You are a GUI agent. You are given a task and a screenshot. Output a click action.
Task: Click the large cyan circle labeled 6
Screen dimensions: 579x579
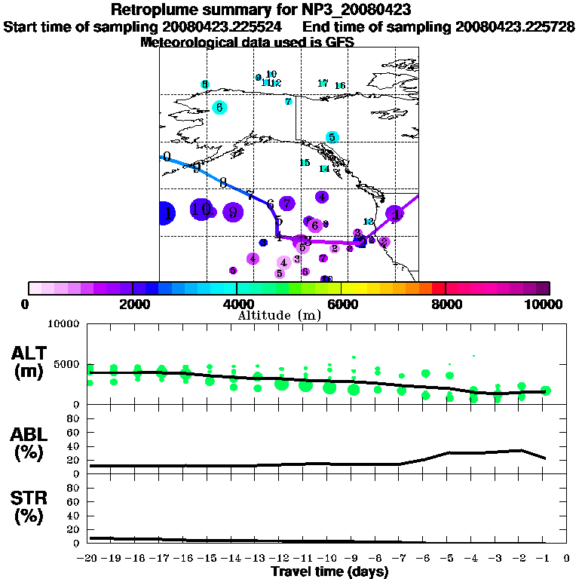coord(219,107)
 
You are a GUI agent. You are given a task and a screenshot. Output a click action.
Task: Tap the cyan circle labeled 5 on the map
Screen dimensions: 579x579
coord(332,137)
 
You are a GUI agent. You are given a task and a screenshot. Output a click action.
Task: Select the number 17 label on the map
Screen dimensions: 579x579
coord(323,83)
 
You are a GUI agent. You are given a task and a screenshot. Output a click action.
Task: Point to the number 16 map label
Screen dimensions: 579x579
coord(340,86)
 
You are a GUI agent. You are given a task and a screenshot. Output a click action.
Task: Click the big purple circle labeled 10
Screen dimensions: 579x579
coord(201,210)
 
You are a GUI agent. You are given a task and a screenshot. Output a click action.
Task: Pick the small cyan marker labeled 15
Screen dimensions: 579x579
coord(305,163)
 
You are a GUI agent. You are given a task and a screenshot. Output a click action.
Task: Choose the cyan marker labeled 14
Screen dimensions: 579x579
coord(324,169)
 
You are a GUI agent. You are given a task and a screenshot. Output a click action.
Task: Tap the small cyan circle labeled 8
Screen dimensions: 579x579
coord(204,84)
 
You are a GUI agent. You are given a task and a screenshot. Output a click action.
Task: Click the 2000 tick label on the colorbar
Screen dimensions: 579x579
coord(131,305)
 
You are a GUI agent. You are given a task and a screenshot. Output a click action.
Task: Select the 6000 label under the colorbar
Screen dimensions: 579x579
coord(341,305)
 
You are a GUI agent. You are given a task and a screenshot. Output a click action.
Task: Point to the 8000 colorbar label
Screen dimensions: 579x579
coord(446,305)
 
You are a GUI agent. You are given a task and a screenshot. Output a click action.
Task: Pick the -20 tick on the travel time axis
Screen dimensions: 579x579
coord(88,559)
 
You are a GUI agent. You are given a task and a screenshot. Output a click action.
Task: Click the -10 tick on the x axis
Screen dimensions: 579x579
coord(327,559)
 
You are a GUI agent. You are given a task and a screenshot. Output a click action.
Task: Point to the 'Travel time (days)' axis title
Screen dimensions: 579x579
coord(329,572)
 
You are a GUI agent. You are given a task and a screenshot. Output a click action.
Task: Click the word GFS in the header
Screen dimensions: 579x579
coord(340,43)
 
